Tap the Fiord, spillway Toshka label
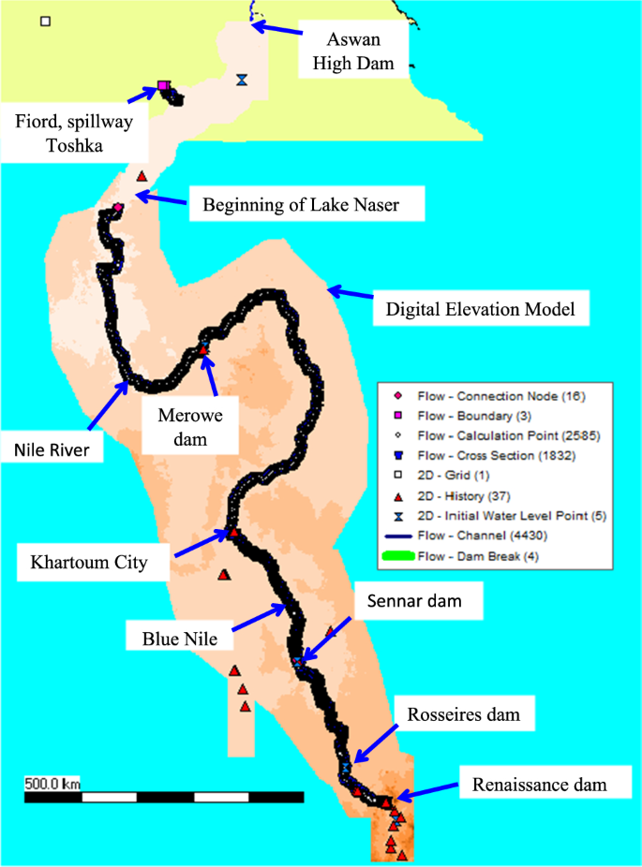pyautogui.click(x=81, y=133)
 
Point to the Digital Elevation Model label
pyautogui.click(x=481, y=307)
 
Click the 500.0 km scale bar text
pyautogui.click(x=53, y=783)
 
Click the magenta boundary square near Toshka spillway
pyautogui.click(x=163, y=86)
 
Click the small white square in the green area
pyautogui.click(x=45, y=21)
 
